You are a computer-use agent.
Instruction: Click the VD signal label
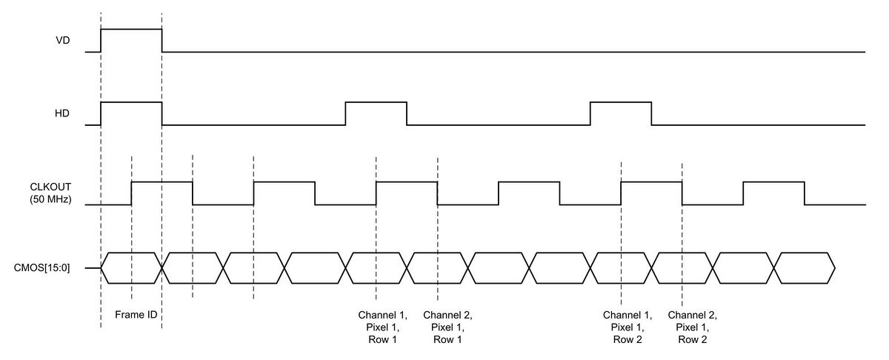pos(63,41)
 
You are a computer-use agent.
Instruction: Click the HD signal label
pos(63,114)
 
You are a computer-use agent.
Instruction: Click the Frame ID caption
pos(136,315)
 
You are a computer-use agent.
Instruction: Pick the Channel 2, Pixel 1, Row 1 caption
pos(447,327)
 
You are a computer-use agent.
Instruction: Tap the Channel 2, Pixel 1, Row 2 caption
pos(692,327)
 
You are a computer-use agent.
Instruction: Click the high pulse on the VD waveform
pos(131,30)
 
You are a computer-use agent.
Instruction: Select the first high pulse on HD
pos(131,103)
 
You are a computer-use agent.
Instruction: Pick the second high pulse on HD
pos(376,103)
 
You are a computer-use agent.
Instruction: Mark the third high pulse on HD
pos(621,103)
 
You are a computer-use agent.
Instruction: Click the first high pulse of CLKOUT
pos(162,181)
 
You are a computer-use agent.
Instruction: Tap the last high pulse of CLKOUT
pos(773,181)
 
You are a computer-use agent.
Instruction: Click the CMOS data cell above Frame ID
pos(131,267)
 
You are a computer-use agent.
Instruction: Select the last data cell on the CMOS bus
pos(805,267)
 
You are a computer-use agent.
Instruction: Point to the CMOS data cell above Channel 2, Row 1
pos(438,267)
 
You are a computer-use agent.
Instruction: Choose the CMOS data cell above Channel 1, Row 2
pos(621,267)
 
